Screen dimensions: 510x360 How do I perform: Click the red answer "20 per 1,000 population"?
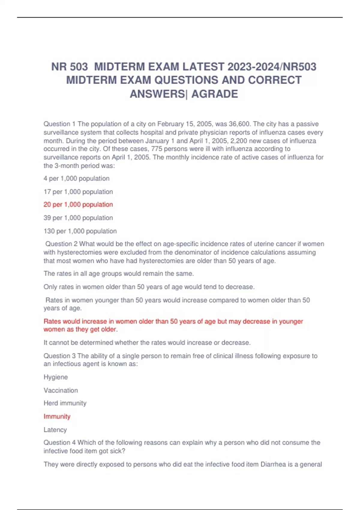(x=78, y=205)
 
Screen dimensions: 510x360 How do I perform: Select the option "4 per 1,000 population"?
(x=76, y=178)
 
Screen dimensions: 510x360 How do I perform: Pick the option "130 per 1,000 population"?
(x=80, y=231)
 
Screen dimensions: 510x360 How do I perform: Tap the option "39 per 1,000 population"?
(x=78, y=218)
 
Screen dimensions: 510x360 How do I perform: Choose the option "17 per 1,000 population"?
(x=78, y=192)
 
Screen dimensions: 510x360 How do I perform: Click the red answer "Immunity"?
(x=57, y=416)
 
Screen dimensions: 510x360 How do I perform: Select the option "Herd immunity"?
(x=65, y=403)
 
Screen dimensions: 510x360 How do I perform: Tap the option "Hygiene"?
(x=55, y=377)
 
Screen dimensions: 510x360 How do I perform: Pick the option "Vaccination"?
(x=61, y=390)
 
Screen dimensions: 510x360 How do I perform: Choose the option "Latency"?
(x=55, y=430)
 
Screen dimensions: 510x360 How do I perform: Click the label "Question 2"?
(x=61, y=244)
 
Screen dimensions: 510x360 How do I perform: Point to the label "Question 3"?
(x=59, y=356)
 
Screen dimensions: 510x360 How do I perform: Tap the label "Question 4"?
(x=59, y=442)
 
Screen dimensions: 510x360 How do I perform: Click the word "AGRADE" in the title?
(x=214, y=94)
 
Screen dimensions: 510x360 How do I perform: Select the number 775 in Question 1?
(x=157, y=149)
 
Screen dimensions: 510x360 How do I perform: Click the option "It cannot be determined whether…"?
(x=147, y=343)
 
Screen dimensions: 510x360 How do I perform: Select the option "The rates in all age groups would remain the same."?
(x=118, y=274)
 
